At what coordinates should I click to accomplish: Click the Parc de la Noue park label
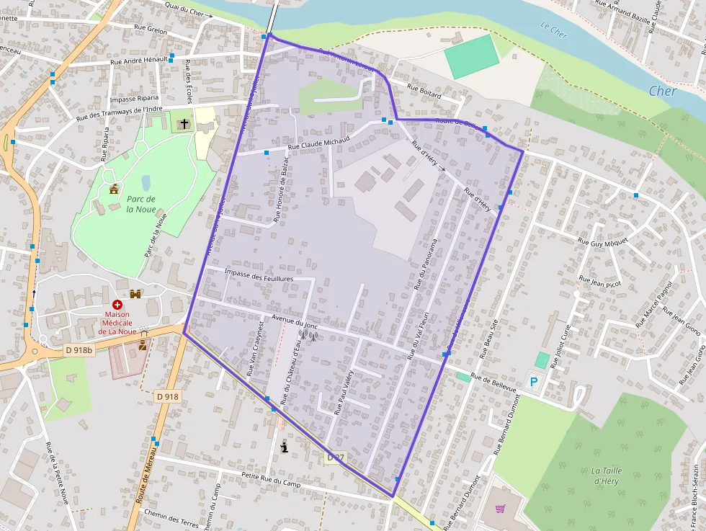click(x=140, y=204)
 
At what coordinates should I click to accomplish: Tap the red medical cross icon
click(x=117, y=305)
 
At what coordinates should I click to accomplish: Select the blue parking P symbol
click(x=533, y=382)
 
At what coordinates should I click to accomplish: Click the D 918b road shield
click(x=79, y=350)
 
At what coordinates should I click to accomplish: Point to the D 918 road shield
click(x=167, y=396)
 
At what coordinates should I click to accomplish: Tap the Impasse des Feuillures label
click(x=259, y=275)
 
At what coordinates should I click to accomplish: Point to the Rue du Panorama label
click(x=426, y=264)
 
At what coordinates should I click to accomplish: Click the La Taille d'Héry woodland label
click(x=605, y=476)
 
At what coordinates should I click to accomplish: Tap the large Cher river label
click(x=662, y=92)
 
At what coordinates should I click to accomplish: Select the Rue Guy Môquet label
click(x=603, y=239)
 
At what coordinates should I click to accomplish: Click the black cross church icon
click(x=184, y=125)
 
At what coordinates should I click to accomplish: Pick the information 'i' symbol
click(x=284, y=447)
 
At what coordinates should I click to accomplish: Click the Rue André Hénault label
click(x=138, y=61)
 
